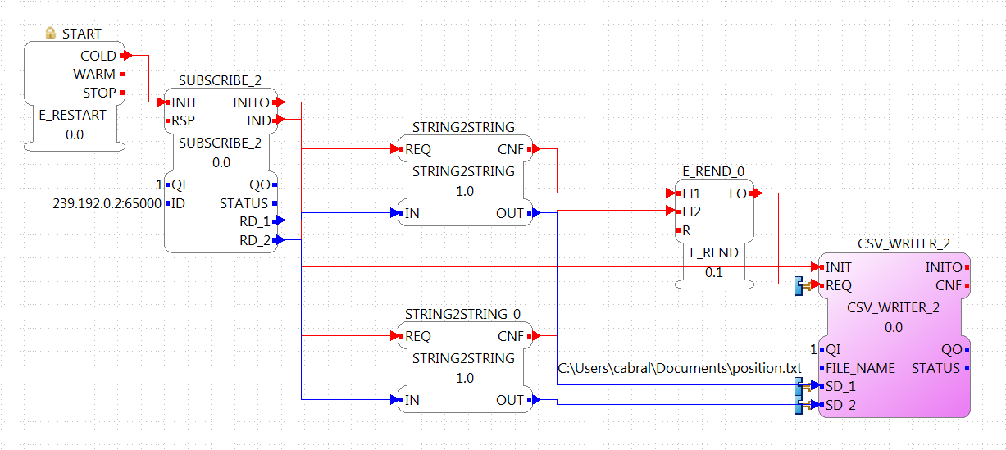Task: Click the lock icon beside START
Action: coord(51,34)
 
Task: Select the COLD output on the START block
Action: coord(98,56)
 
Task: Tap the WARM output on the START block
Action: coord(94,74)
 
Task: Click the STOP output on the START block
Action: coord(99,93)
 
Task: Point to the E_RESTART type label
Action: coord(73,115)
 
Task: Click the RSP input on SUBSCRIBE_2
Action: coord(182,120)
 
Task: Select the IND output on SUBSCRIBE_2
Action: coord(259,120)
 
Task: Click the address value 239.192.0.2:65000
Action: coord(106,204)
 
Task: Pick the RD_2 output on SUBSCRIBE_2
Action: coord(254,240)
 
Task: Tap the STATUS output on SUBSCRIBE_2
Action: coord(244,203)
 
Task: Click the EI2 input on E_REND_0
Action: coord(691,211)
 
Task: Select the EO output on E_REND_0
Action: coord(737,193)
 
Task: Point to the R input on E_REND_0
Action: coord(686,230)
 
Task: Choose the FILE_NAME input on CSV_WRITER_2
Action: coord(860,368)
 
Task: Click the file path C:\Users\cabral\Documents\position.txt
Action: coord(679,368)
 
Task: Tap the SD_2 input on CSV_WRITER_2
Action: coord(840,405)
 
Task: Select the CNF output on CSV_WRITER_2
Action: coord(949,285)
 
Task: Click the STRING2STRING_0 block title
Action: coord(462,314)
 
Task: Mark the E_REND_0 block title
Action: coord(713,171)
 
